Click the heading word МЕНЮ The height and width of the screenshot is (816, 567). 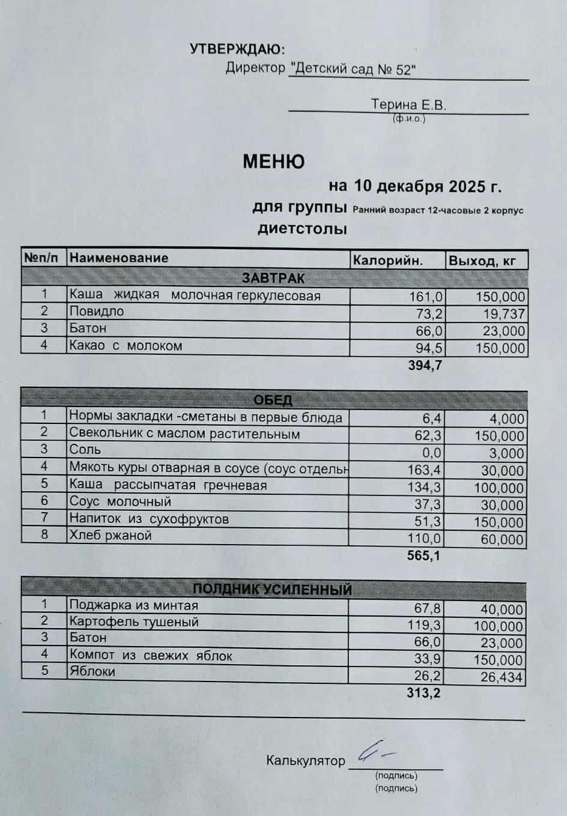click(273, 162)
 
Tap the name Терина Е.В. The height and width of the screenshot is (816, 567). click(408, 104)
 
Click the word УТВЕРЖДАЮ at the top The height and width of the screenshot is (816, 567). click(237, 49)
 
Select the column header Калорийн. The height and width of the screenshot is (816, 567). click(388, 260)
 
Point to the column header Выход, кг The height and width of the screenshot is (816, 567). click(482, 261)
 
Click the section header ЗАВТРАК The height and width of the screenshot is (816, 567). click(273, 278)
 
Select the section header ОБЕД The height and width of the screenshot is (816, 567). click(273, 400)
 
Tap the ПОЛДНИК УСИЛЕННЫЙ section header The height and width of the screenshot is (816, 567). click(272, 589)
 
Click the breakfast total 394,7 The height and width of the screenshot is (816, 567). click(425, 365)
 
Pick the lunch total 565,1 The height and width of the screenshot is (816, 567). click(423, 555)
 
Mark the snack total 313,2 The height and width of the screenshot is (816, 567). click(423, 693)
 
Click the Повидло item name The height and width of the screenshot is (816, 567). click(97, 311)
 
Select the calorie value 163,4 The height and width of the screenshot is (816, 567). click(424, 470)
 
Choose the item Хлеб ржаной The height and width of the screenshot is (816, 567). click(111, 535)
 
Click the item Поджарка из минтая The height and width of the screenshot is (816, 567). click(133, 605)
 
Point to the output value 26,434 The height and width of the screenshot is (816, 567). click(502, 678)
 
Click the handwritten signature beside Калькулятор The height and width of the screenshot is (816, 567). click(375, 752)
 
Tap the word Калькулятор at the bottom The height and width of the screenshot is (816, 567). click(306, 761)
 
